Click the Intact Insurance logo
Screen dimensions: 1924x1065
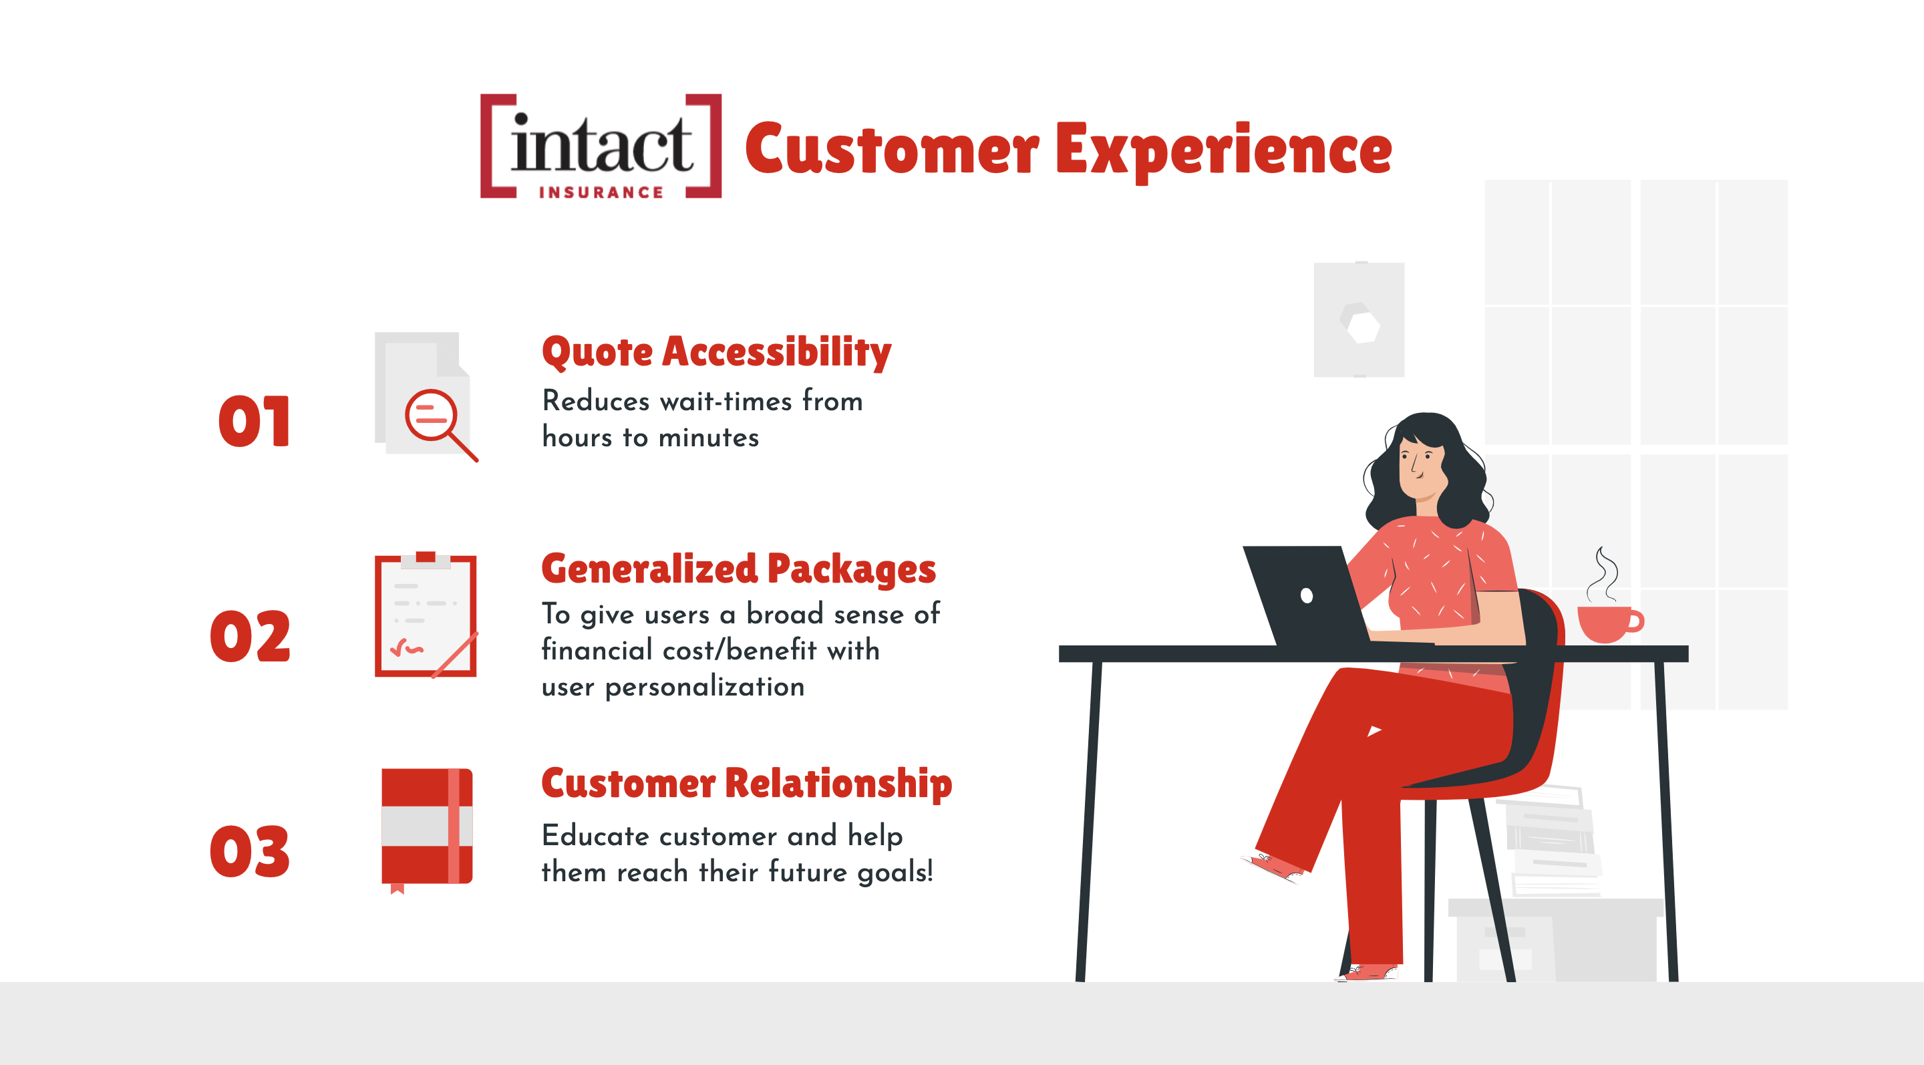(x=601, y=146)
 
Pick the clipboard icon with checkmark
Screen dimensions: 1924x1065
(x=426, y=615)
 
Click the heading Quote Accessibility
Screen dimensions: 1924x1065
(x=716, y=353)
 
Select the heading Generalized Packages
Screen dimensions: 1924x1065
(x=738, y=569)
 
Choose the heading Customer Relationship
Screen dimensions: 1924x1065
(x=747, y=784)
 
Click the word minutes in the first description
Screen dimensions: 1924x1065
(x=709, y=438)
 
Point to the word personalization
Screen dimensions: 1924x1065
(x=704, y=687)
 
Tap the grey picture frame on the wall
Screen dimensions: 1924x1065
(x=1359, y=319)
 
